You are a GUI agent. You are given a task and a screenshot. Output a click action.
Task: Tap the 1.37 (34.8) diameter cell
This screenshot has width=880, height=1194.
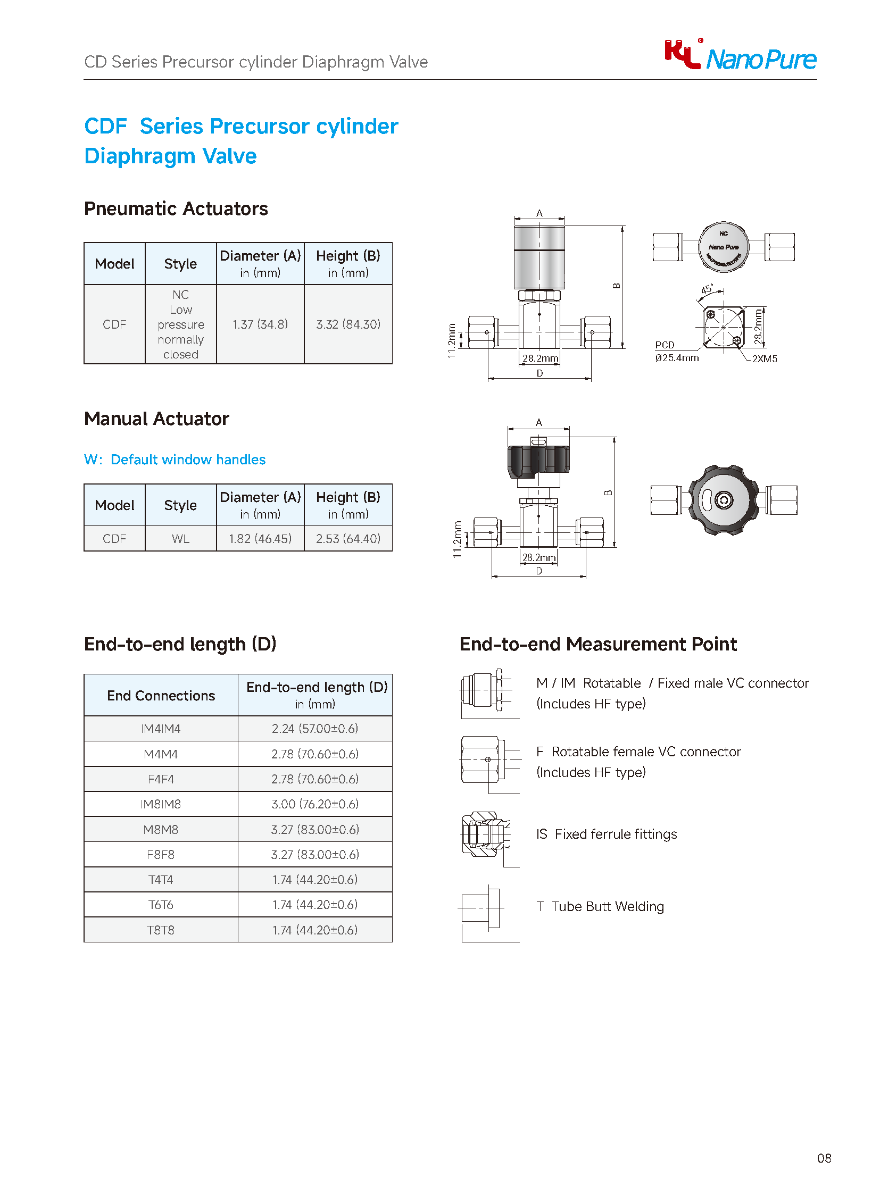[260, 324]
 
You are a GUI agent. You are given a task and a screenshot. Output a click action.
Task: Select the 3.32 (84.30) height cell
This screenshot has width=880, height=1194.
[348, 324]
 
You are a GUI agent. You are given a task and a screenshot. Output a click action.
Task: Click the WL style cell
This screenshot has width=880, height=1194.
[180, 538]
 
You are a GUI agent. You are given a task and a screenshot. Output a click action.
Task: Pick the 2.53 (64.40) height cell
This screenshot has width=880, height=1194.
[348, 538]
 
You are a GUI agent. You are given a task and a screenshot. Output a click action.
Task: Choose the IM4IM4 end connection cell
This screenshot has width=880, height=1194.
[160, 729]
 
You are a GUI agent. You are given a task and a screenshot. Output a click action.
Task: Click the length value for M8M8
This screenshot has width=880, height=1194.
[315, 829]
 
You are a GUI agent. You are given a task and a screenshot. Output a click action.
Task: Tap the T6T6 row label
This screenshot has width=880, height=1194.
[160, 905]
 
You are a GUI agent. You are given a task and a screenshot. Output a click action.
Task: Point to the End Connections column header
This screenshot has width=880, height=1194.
[161, 696]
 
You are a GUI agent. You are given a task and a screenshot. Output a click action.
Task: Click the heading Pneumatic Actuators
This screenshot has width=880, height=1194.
[176, 209]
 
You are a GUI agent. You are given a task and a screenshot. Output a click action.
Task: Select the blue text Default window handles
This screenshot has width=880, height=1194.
[187, 460]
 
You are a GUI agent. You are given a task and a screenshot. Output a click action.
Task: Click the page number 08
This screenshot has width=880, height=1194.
[824, 1158]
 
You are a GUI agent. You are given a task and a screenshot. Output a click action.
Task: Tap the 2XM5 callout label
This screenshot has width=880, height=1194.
[764, 359]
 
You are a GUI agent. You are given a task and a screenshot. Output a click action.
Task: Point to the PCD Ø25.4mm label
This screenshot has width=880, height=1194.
[676, 352]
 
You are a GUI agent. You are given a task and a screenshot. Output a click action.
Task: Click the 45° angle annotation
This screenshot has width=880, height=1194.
[707, 290]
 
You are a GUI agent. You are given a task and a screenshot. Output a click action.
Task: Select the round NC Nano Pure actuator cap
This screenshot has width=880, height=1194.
[724, 247]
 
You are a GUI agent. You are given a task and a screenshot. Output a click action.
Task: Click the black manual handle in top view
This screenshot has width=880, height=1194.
[724, 500]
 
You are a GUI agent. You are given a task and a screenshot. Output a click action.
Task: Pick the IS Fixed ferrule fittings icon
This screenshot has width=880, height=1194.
[484, 834]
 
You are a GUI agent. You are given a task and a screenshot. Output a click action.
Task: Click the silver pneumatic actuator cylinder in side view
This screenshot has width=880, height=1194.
[539, 257]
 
